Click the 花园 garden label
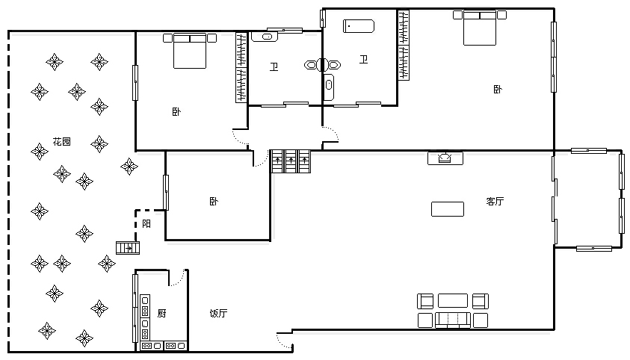[62, 142]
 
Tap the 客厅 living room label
[495, 201]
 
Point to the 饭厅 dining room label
[218, 313]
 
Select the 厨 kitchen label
[161, 313]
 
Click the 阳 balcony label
[146, 223]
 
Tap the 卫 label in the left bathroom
[274, 67]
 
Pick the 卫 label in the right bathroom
[364, 60]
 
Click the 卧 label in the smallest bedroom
[214, 201]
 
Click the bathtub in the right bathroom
[359, 26]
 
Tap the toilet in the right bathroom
[333, 65]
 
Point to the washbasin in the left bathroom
[265, 37]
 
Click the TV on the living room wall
[445, 158]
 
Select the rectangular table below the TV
[448, 209]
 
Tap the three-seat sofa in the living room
[453, 320]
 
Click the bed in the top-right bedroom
[480, 28]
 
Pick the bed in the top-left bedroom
[190, 51]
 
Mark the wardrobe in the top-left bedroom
[241, 67]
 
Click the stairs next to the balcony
[128, 248]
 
